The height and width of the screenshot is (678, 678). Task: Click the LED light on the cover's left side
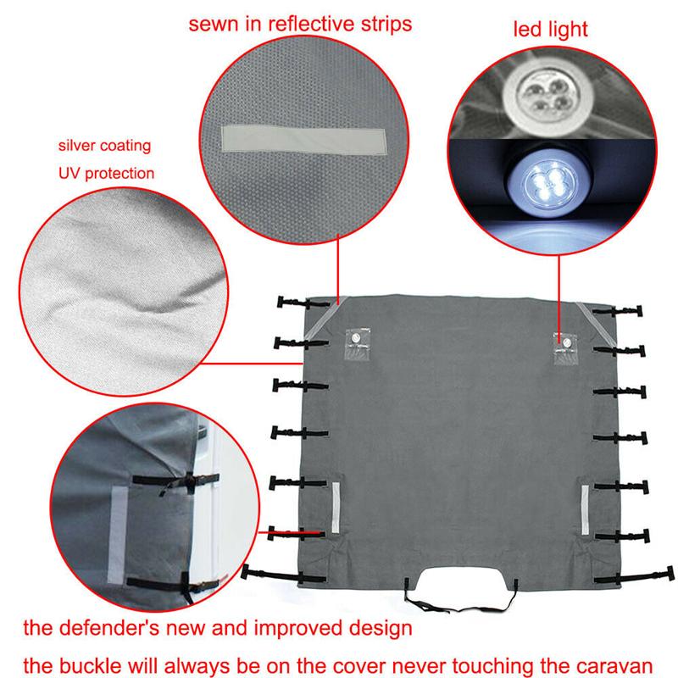[x=356, y=339]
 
